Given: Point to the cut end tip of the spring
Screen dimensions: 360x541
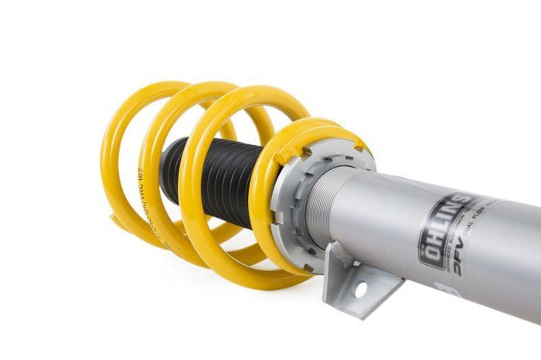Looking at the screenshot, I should (116, 221).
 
